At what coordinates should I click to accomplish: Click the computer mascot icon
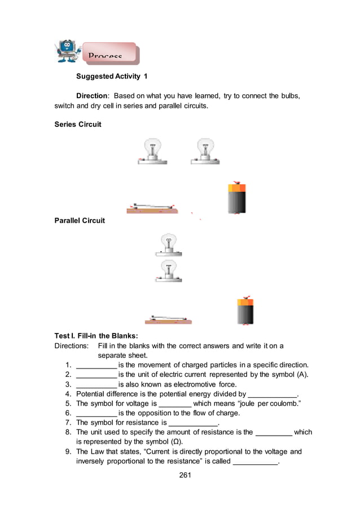(67, 51)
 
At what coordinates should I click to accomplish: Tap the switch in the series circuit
(152, 208)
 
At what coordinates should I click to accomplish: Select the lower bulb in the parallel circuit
(168, 271)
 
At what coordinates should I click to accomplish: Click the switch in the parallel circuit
(168, 320)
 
